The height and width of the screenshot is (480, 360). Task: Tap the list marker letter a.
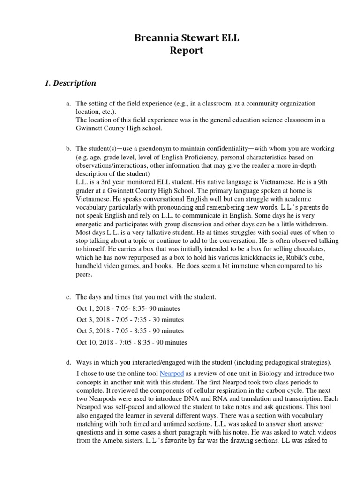[x=68, y=103]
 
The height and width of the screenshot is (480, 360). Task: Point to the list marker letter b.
[x=68, y=149]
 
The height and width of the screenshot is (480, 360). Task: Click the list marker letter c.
[x=68, y=297]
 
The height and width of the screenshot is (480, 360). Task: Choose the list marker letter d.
[x=68, y=362]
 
